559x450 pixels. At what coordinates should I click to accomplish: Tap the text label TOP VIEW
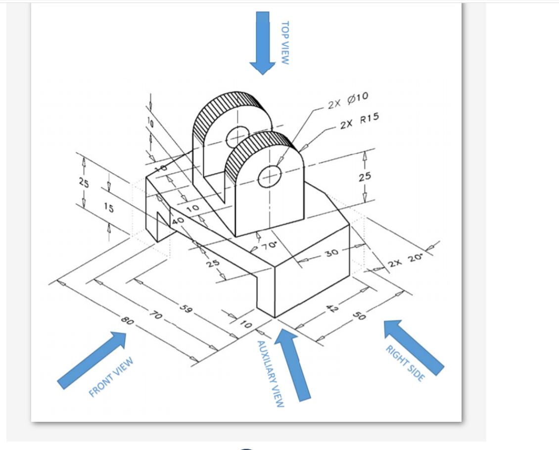click(x=284, y=43)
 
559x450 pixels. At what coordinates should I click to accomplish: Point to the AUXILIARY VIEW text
click(x=271, y=374)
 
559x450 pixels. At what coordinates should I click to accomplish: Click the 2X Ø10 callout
click(x=348, y=99)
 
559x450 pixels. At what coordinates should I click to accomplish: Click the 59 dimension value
click(x=186, y=311)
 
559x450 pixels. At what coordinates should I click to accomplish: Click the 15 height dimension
click(x=108, y=208)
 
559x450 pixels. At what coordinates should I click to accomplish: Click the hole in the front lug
click(x=270, y=175)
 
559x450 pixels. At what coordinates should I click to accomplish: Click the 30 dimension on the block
click(x=331, y=254)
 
